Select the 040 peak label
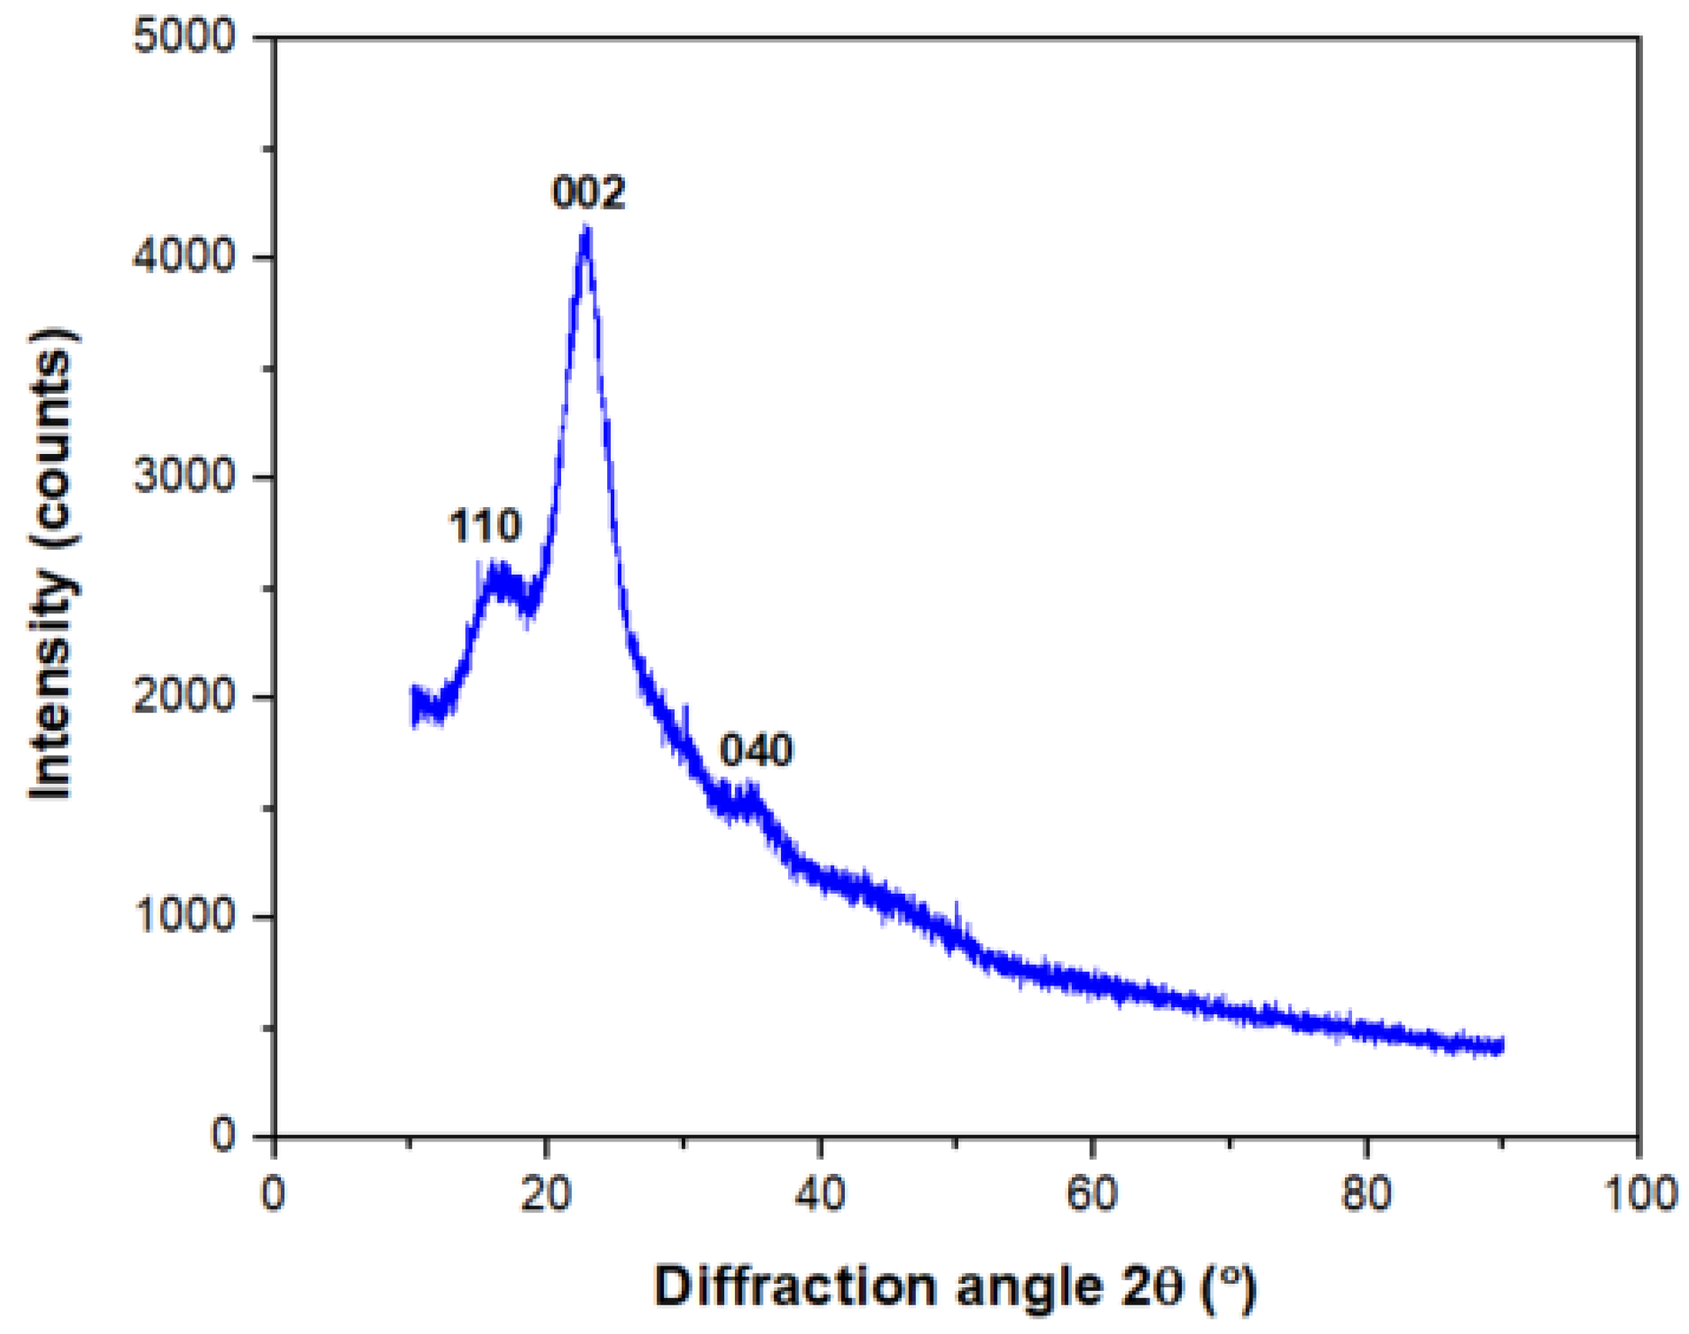[756, 750]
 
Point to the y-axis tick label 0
[223, 1134]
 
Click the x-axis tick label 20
[545, 1195]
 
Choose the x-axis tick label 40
[820, 1195]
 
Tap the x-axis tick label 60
[1092, 1195]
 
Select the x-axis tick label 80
[1366, 1195]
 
